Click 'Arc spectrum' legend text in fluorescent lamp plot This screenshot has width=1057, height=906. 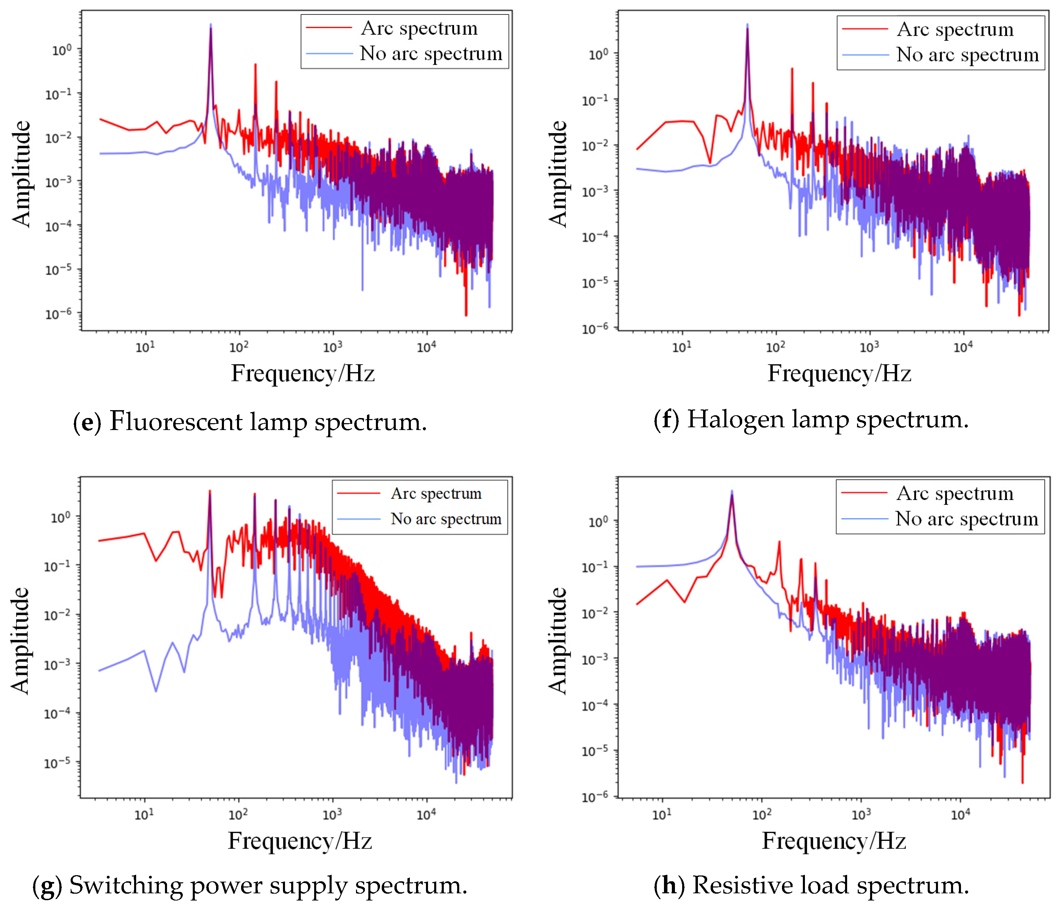coord(419,28)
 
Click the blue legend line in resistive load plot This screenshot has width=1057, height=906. coord(864,519)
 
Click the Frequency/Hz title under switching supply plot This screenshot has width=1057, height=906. coord(300,841)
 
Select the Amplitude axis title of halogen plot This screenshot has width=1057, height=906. coord(558,174)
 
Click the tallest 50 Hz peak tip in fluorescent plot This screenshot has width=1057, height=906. coord(210,24)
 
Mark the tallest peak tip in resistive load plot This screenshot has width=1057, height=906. coord(732,491)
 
